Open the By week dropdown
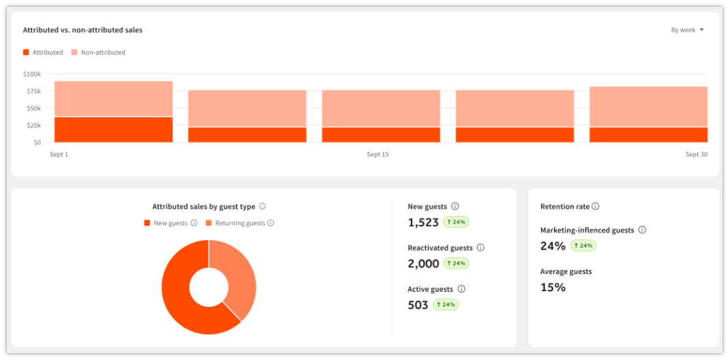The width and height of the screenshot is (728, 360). [687, 30]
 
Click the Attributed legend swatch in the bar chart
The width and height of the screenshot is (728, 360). [26, 52]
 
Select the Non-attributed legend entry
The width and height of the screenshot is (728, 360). [98, 52]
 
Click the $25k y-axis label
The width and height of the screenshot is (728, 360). [34, 125]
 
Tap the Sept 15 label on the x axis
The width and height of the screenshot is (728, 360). [377, 155]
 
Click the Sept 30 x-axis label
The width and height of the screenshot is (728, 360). [697, 155]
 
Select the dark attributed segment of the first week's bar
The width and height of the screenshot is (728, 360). [113, 130]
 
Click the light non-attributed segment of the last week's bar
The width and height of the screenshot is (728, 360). [648, 106]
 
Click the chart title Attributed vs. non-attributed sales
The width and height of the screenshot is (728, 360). [83, 30]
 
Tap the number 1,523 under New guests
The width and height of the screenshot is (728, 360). [423, 222]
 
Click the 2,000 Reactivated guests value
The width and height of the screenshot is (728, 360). [424, 263]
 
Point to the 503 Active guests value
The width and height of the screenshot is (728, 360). [418, 305]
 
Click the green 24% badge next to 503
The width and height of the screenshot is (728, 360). [446, 305]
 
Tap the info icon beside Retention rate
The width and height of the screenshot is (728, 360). [595, 207]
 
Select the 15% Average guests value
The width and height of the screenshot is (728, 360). [553, 287]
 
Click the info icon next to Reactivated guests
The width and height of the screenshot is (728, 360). [480, 247]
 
